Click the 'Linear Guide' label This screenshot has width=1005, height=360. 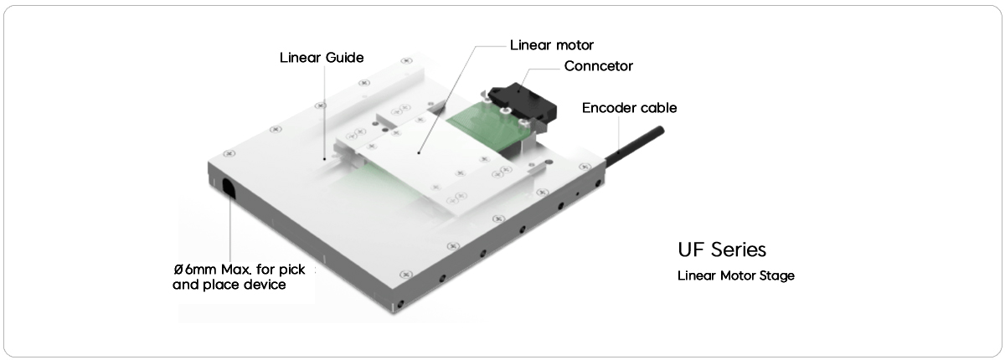(x=321, y=59)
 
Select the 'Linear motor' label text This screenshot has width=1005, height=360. (x=552, y=44)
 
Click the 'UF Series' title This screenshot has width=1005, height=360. (x=722, y=250)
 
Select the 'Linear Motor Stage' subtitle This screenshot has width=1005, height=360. (x=736, y=275)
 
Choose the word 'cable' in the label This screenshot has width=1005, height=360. (x=659, y=108)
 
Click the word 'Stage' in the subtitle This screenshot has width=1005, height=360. (x=778, y=275)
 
